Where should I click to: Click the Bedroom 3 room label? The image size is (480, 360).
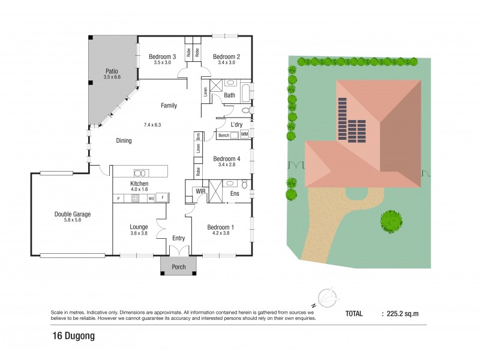162,57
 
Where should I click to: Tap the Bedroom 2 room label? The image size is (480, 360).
226,57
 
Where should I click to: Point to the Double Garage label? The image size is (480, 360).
72,214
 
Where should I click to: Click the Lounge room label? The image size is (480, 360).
139,227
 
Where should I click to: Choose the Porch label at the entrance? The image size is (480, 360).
179,267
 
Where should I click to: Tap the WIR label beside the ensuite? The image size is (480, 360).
200,191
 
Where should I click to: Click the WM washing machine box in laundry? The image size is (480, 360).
244,135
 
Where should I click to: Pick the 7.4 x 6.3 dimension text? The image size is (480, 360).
153,125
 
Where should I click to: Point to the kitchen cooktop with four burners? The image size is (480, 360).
136,198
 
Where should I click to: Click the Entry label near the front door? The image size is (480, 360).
179,238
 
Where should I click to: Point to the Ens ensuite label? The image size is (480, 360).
235,194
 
